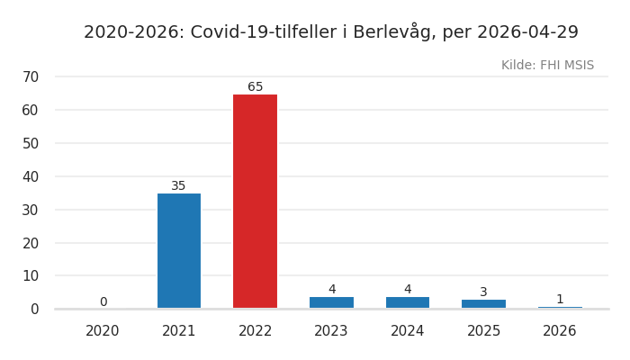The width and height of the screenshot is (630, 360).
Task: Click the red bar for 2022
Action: tap(255, 202)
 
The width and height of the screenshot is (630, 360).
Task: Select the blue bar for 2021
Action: tap(179, 251)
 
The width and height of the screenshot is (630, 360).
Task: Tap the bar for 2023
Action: tap(331, 302)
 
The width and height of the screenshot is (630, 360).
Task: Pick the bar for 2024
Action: tap(408, 302)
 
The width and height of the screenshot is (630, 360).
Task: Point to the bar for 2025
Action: tap(483, 304)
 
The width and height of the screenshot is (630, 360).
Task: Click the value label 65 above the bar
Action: tap(256, 87)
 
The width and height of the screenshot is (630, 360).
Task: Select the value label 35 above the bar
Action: tap(179, 186)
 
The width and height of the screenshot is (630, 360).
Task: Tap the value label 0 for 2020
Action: tap(103, 302)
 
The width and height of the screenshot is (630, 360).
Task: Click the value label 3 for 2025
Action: tap(483, 292)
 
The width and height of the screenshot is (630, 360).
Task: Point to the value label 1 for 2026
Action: tap(560, 300)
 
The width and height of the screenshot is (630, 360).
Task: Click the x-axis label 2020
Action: tap(103, 331)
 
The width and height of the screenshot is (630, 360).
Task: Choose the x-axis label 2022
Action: tap(256, 331)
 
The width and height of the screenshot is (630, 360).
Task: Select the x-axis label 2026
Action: tap(560, 331)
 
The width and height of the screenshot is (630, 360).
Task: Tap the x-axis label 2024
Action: tap(408, 331)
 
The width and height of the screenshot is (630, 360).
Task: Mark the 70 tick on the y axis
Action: tap(31, 77)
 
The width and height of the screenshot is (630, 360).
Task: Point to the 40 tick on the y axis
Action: tap(31, 176)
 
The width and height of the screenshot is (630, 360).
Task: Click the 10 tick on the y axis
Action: tap(31, 276)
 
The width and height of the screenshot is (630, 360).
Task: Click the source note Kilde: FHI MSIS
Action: tap(547, 66)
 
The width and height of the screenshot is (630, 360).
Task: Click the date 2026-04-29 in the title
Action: tap(527, 32)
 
